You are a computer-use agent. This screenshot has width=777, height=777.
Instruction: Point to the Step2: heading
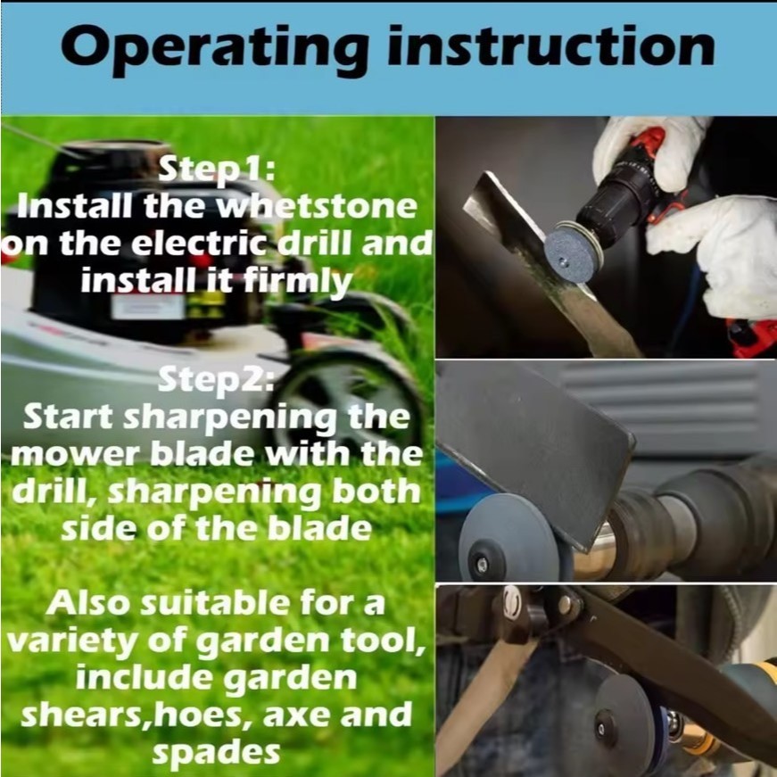coord(216,380)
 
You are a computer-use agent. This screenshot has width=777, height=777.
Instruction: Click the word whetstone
coord(318,206)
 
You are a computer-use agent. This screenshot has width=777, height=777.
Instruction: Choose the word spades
coord(216,754)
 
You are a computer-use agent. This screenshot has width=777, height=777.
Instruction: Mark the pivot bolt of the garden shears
coord(512,602)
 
